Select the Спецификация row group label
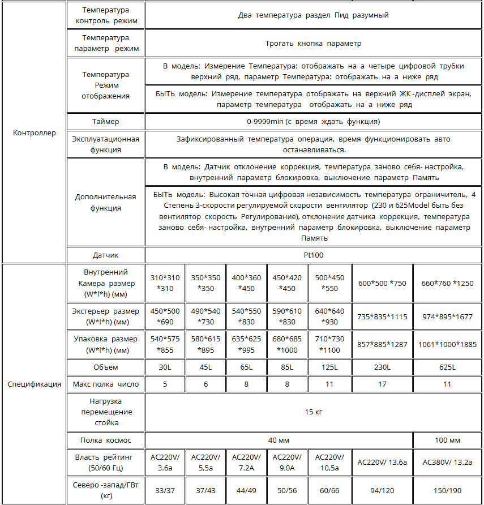pos(35,384)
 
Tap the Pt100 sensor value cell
pos(313,255)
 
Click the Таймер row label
pos(106,122)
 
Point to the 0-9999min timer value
pos(313,122)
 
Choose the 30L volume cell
pos(165,367)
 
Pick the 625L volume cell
pos(447,367)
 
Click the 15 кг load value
pos(313,412)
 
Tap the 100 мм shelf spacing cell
pos(447,440)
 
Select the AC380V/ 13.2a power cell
pos(447,463)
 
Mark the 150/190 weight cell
pos(447,490)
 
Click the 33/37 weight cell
pos(165,490)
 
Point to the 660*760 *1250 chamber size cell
pos(447,284)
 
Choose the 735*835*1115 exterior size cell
pos(383,317)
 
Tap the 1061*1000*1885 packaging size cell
pos(447,344)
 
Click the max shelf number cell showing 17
pos(383,384)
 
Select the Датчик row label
pos(106,255)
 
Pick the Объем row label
pos(106,367)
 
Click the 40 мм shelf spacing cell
pos(279,440)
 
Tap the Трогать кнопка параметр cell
pos(313,43)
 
